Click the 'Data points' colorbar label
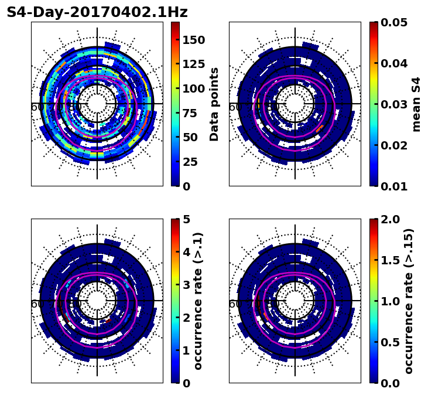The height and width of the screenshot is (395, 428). (214, 104)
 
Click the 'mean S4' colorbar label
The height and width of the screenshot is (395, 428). (416, 104)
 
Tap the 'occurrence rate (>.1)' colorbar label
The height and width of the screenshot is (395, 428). (198, 301)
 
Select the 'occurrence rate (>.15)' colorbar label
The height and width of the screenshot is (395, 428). (409, 301)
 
